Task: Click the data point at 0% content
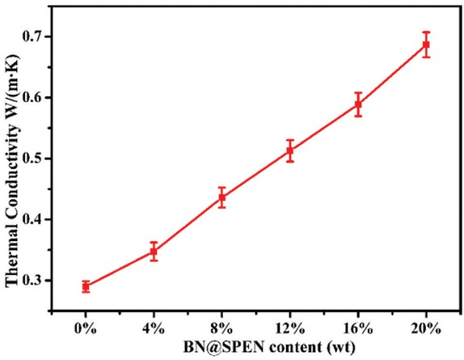coord(86,286)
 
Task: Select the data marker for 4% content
coord(154,252)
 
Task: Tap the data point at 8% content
coord(222,197)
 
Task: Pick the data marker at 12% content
coord(290,150)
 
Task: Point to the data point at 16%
coord(358,104)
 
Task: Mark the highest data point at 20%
coord(426,44)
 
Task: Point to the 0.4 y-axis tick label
coord(40,220)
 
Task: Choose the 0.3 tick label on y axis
coord(40,281)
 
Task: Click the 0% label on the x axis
coord(86,328)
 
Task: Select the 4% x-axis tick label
coord(154,328)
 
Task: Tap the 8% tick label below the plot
coord(222,328)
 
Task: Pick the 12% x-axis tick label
coord(290,328)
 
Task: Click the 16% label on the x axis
coord(358,328)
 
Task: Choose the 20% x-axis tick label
coord(426,328)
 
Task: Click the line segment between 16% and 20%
coord(392,74)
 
